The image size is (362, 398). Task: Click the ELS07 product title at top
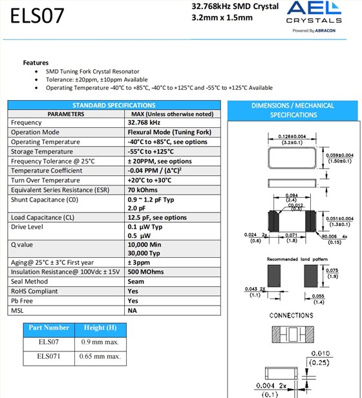[37, 16]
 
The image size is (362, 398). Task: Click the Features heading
[36, 63]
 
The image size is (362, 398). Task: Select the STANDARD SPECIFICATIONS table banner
[114, 105]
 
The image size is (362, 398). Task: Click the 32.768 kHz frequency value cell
[144, 123]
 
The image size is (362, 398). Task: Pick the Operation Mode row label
[35, 132]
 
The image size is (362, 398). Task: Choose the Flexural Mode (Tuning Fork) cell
[169, 132]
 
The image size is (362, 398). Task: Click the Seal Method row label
[29, 282]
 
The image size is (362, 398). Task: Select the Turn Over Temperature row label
[45, 180]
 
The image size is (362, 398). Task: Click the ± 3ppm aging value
[140, 262]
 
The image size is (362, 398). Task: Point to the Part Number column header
[48, 328]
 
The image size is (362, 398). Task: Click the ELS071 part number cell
[48, 356]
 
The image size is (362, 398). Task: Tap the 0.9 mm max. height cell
[101, 342]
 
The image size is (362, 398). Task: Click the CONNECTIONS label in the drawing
[291, 315]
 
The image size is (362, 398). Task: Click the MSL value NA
[133, 311]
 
